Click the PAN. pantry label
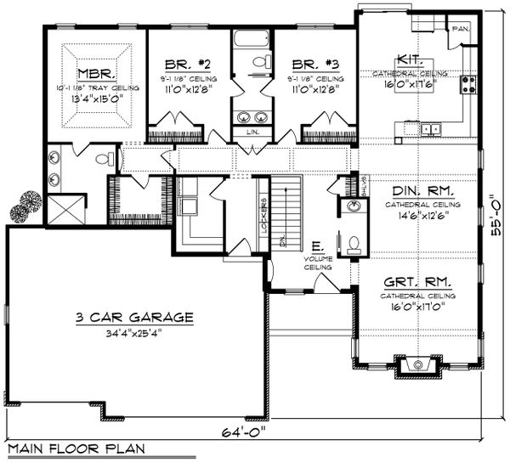tap(461, 29)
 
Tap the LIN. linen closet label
tap(252, 133)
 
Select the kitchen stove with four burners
tap(467, 84)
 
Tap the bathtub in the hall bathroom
tap(252, 39)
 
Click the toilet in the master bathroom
tap(104, 159)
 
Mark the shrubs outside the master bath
tap(25, 205)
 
